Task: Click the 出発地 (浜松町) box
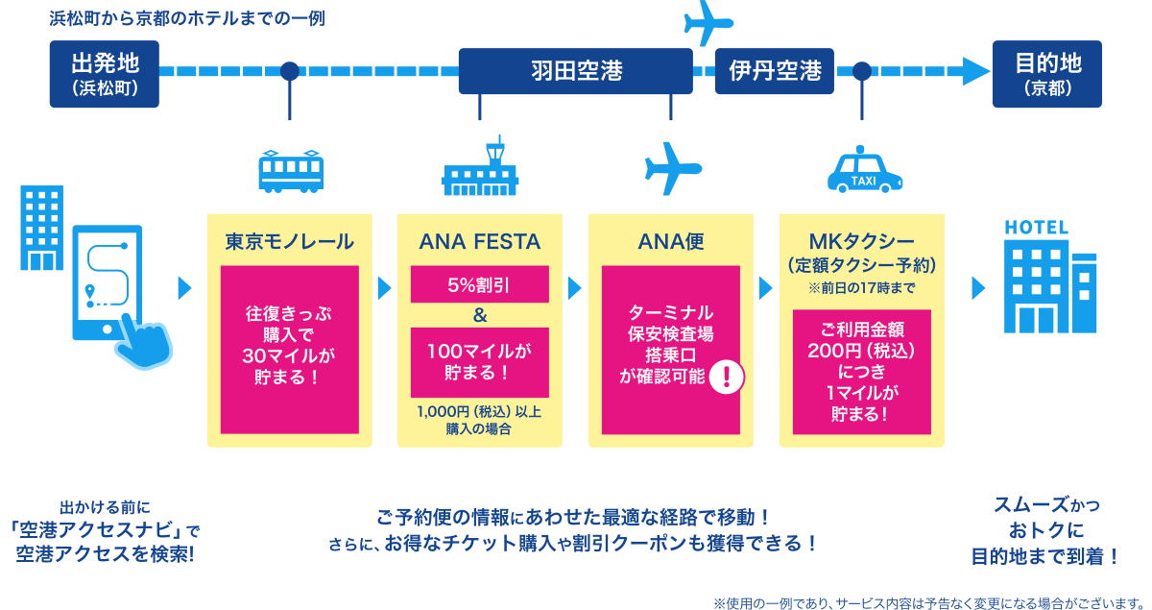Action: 104,73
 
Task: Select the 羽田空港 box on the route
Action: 576,71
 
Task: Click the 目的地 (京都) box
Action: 1047,73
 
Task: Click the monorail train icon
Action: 290,172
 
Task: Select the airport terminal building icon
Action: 479,168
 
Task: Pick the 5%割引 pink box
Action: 479,284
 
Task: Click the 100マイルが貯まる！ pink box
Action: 479,362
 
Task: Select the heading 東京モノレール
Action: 289,242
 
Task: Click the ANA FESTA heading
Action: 479,242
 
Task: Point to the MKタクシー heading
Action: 861,242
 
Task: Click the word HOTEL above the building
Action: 1036,228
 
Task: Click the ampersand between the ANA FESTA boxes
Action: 480,315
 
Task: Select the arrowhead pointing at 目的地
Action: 975,71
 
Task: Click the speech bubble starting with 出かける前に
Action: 106,529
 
